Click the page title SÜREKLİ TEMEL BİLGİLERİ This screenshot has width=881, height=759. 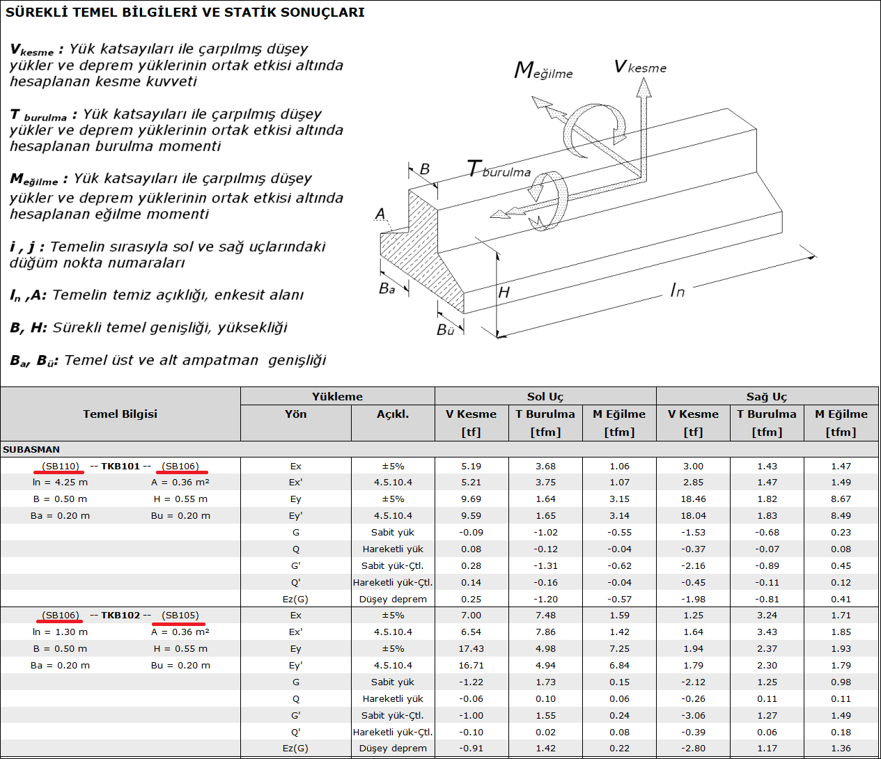click(185, 12)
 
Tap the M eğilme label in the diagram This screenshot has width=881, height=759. click(543, 71)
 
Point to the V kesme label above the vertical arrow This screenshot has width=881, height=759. click(640, 67)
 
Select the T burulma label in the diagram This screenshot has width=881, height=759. click(499, 170)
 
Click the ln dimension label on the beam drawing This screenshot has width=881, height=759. click(677, 290)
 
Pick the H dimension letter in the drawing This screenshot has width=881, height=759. click(504, 292)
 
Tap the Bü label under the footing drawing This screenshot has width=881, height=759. click(446, 330)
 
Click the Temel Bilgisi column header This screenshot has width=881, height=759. click(120, 414)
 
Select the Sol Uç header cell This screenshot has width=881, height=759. click(545, 396)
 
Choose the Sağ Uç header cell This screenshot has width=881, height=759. click(767, 396)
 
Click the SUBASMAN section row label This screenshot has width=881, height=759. click(31, 449)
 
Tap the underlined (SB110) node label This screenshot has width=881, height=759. click(61, 466)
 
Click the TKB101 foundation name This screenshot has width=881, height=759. click(120, 466)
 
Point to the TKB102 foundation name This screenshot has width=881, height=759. click(120, 615)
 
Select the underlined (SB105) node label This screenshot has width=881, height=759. click(180, 615)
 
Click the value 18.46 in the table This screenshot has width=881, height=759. click(693, 499)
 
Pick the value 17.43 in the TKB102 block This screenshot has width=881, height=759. click(471, 648)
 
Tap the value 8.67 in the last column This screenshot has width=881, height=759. click(841, 499)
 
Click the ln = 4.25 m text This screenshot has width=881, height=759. click(60, 482)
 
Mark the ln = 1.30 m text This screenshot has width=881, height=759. click(60, 632)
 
